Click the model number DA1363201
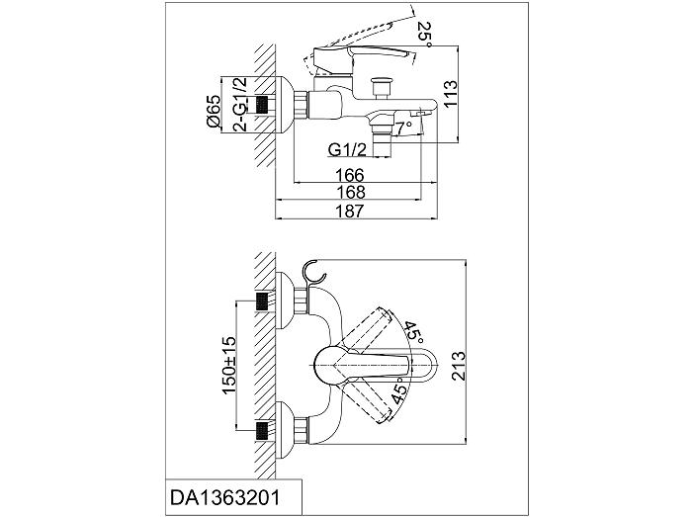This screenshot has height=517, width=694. [224, 498]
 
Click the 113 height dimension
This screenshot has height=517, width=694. [450, 93]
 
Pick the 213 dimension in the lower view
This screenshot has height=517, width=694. [460, 366]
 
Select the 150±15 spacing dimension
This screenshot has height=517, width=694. [229, 365]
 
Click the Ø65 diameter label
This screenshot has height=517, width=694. [214, 111]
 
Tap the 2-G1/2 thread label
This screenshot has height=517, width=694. [240, 105]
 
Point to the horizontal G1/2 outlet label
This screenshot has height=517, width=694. [347, 150]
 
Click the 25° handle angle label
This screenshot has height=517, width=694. [423, 36]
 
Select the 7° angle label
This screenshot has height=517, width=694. [404, 129]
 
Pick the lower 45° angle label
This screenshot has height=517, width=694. [399, 389]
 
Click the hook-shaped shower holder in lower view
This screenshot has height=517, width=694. [313, 273]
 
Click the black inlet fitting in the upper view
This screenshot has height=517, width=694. [263, 105]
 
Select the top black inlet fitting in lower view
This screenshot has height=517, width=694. [263, 302]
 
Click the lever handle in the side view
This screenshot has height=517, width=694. [361, 56]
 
